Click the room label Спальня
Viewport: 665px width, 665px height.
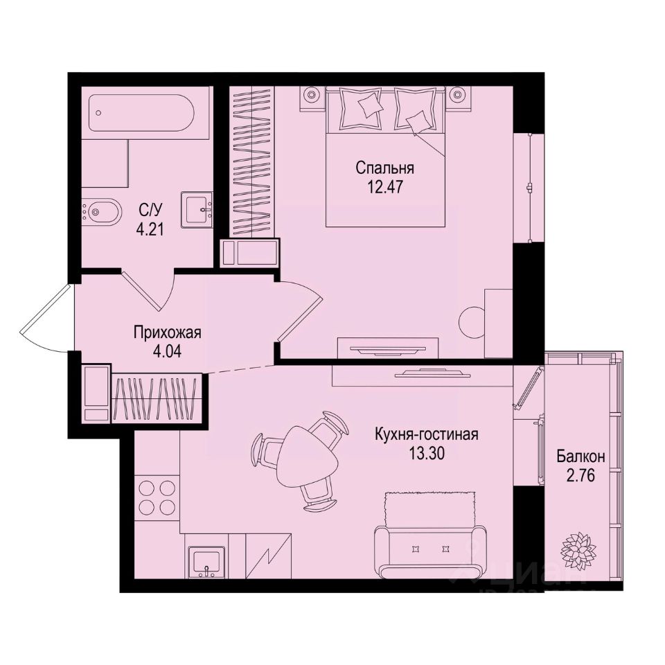click(x=384, y=168)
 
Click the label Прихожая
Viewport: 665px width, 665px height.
click(x=168, y=332)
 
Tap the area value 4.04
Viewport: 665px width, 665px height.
click(x=168, y=350)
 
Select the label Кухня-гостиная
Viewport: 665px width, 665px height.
click(x=427, y=435)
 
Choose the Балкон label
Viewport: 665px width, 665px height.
click(x=580, y=456)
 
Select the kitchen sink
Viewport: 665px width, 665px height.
click(x=206, y=560)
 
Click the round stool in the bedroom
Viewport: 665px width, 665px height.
click(x=475, y=321)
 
